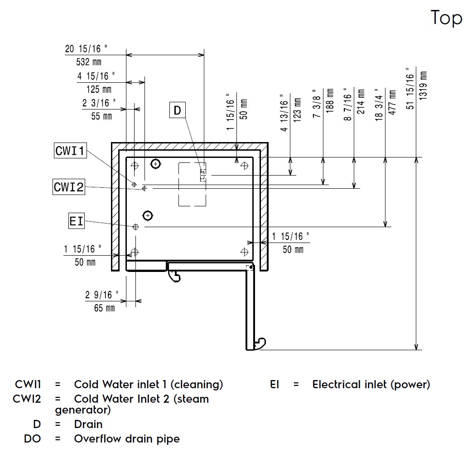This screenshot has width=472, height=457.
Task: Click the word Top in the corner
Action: [447, 19]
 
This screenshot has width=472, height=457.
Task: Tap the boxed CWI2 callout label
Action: [69, 186]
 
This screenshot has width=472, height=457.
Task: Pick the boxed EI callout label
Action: [76, 221]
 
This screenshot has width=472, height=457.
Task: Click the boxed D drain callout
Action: [177, 110]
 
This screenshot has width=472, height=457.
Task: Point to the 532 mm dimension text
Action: [89, 62]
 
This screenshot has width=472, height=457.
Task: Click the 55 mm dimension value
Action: [101, 116]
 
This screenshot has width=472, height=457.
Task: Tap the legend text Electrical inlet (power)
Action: [371, 385]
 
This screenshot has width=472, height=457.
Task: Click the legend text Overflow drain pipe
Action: [127, 438]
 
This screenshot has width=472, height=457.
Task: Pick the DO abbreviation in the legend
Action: [32, 438]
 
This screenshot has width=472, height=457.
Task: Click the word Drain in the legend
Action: [88, 424]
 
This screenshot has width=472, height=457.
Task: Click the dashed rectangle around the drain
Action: [192, 184]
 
